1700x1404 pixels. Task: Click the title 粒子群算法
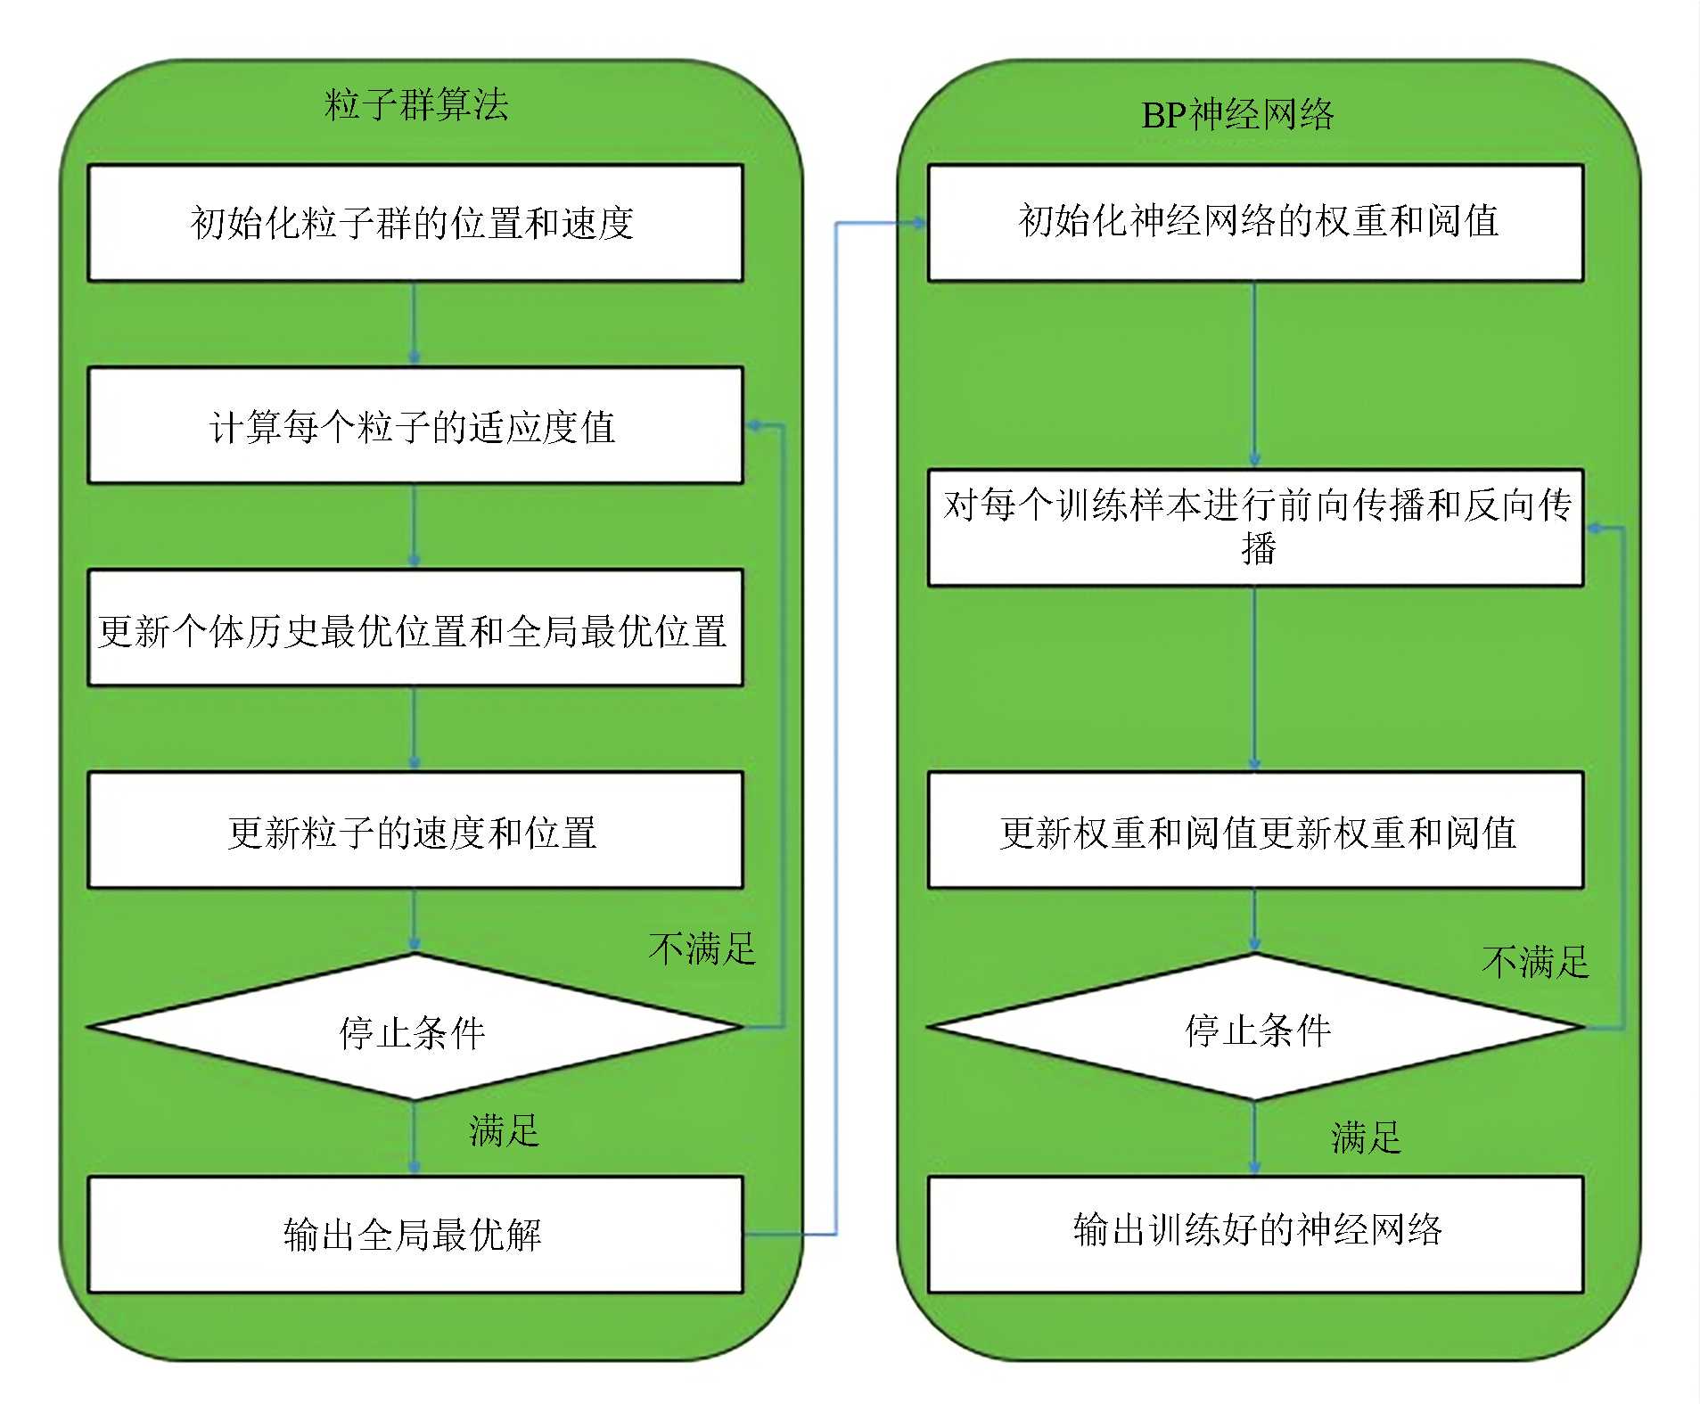[x=416, y=105]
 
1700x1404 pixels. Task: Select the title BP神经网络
[x=1237, y=115]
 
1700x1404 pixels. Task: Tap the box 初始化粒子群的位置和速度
[x=415, y=223]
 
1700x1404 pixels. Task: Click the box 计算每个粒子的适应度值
[x=415, y=426]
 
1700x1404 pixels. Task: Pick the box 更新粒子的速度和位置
[x=415, y=831]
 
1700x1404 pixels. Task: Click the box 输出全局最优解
[x=415, y=1235]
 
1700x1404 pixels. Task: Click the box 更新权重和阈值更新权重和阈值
[x=1255, y=831]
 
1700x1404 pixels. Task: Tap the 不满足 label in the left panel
[x=702, y=948]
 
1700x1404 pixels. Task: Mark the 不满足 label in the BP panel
[x=1535, y=962]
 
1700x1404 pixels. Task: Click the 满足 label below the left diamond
[x=504, y=1131]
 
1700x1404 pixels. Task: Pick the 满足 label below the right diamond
[x=1365, y=1137]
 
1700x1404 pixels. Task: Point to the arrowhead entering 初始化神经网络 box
[x=918, y=223]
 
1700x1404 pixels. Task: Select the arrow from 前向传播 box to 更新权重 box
[x=1254, y=678]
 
